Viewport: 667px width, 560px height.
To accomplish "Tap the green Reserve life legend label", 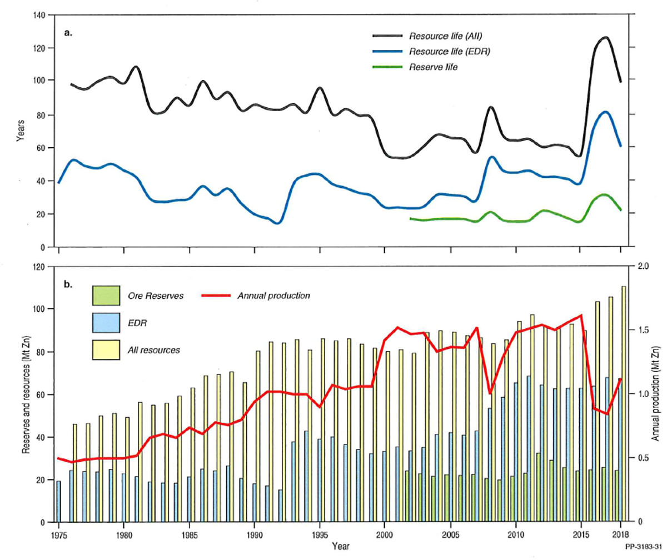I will [433, 67].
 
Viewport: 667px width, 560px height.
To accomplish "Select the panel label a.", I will [68, 33].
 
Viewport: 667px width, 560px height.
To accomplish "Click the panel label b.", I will [68, 285].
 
